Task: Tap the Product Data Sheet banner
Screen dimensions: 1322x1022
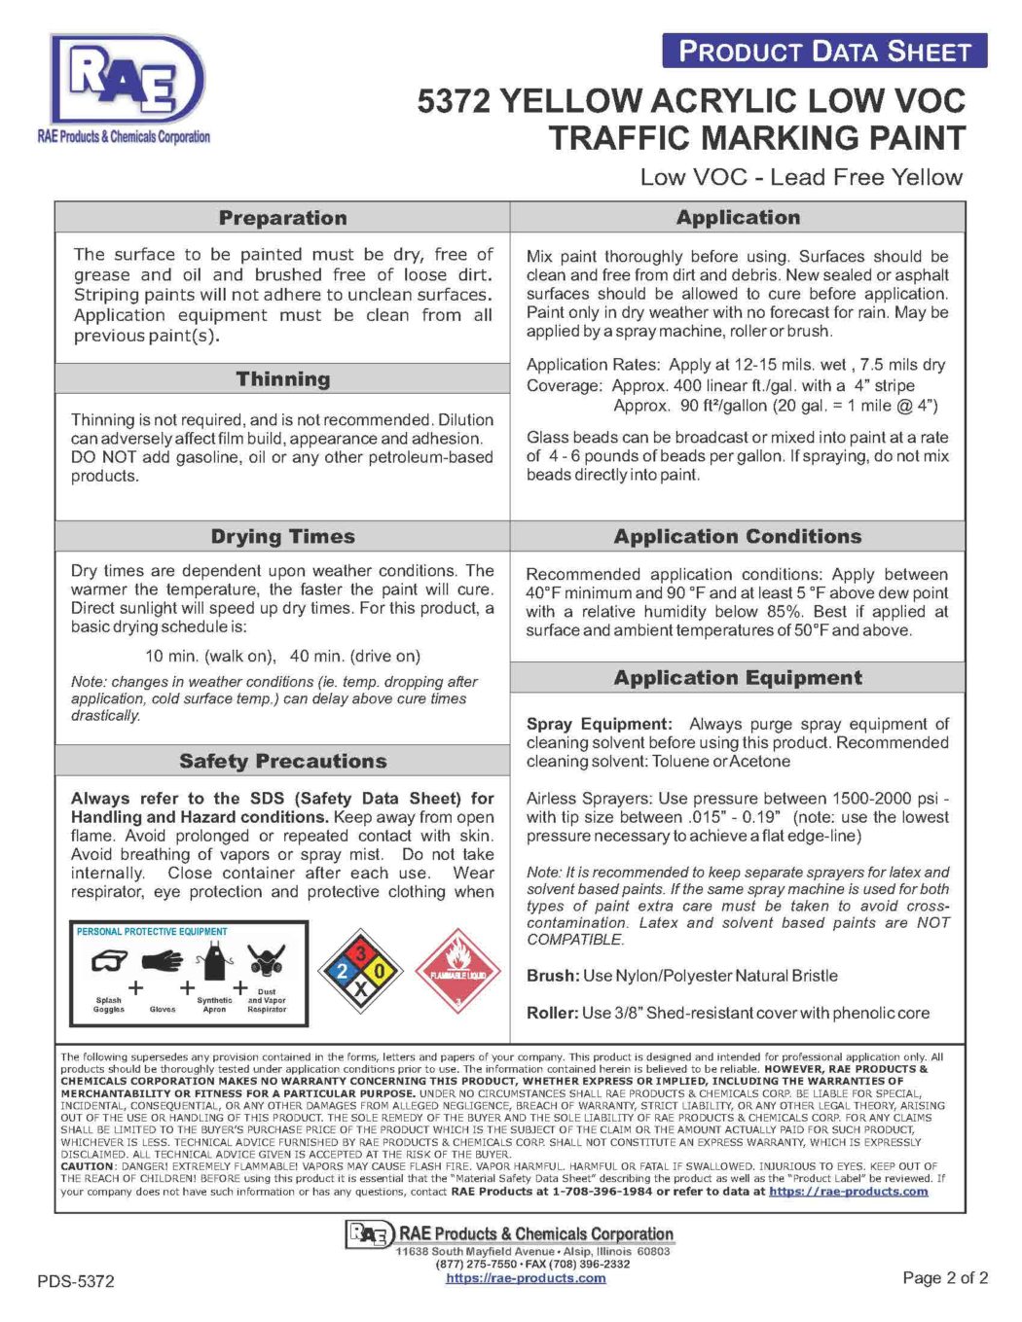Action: (x=824, y=51)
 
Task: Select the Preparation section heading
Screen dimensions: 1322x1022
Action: (x=282, y=218)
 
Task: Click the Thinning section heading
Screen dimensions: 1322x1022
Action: (x=282, y=379)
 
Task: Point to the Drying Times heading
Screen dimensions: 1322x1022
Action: (x=282, y=537)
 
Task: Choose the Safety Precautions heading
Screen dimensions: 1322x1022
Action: (x=282, y=762)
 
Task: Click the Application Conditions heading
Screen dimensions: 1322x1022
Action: (x=738, y=537)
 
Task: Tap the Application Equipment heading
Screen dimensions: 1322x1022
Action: (x=738, y=678)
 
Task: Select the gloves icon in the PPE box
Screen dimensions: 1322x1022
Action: (x=163, y=962)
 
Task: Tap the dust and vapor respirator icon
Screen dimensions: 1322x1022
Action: (x=266, y=961)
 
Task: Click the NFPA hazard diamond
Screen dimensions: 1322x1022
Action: (x=360, y=970)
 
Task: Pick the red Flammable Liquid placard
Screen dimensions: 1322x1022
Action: (x=457, y=970)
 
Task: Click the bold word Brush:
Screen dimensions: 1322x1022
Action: (x=553, y=976)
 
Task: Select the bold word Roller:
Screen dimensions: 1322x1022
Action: (x=552, y=1013)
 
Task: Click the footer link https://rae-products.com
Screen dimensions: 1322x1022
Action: (x=526, y=1278)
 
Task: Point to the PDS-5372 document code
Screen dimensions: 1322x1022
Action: (x=76, y=1281)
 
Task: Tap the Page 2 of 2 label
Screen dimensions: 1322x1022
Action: (x=945, y=1278)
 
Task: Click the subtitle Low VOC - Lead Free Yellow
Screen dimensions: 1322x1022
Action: (x=801, y=177)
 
